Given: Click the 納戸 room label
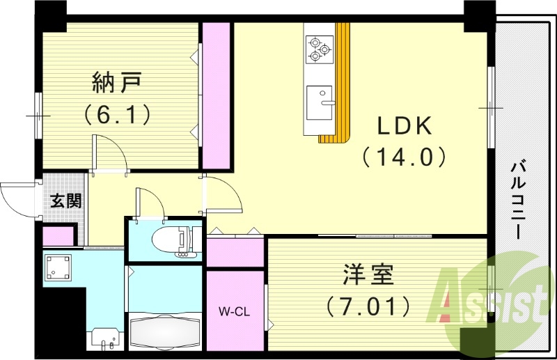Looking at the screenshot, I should tap(118, 83).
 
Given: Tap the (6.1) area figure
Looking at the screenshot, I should tap(118, 113).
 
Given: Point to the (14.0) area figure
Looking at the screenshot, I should tap(405, 157).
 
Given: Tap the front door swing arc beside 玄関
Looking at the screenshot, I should tap(15, 198).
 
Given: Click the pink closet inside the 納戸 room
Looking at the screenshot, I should tap(216, 95).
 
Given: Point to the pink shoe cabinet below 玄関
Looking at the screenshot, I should tap(58, 237).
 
